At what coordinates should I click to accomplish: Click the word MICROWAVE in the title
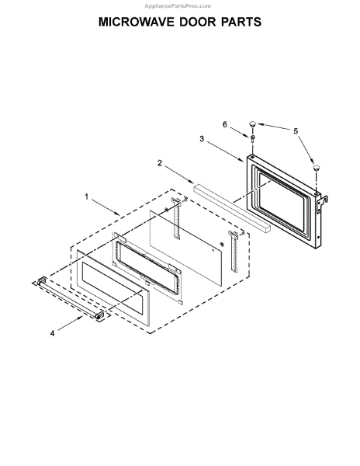pyautogui.click(x=137, y=22)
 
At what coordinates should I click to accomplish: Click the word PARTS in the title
pyautogui.click(x=241, y=22)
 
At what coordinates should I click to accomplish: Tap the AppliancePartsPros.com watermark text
pyautogui.click(x=178, y=6)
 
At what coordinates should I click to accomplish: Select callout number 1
pyautogui.click(x=87, y=196)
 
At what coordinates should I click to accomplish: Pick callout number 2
pyautogui.click(x=160, y=163)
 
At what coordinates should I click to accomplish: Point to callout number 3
pyautogui.click(x=202, y=139)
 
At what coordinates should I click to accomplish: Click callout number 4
pyautogui.click(x=52, y=333)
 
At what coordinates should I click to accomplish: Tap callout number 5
pyautogui.click(x=296, y=131)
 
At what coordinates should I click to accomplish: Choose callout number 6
pyautogui.click(x=225, y=124)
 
